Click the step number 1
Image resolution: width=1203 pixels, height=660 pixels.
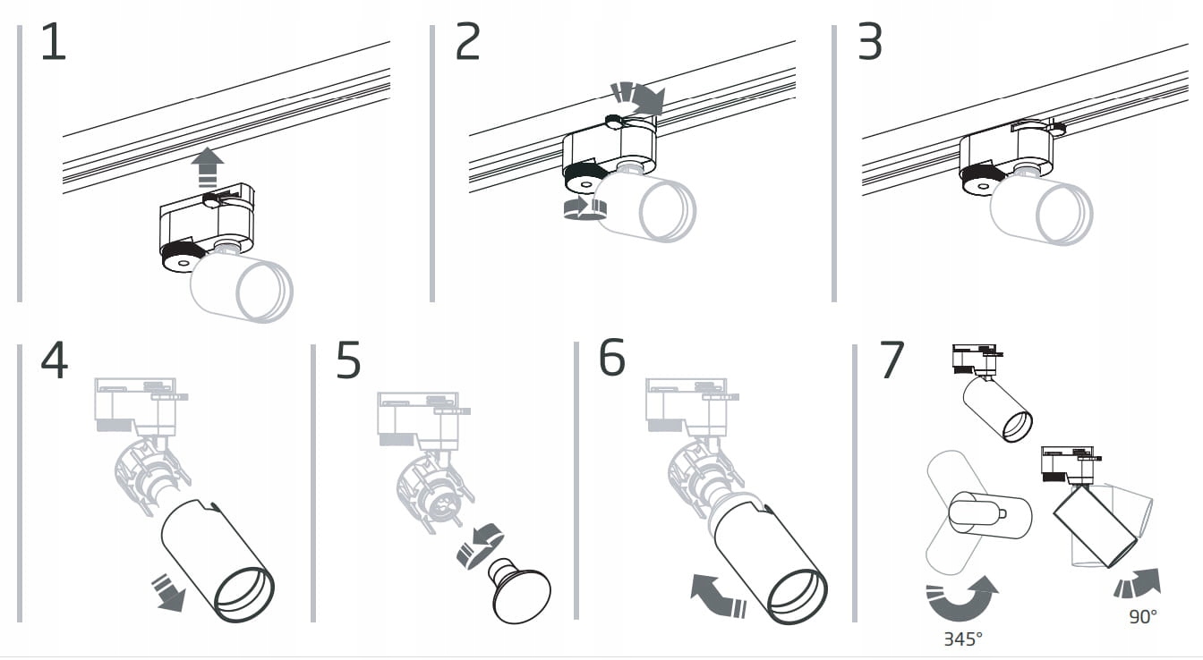click(54, 43)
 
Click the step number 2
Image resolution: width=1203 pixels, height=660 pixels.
click(467, 43)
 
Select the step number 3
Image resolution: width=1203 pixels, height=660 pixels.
click(870, 43)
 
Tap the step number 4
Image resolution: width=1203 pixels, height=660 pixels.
click(54, 360)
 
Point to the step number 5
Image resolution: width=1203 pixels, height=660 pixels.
click(348, 360)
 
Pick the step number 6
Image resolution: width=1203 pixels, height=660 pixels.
click(612, 359)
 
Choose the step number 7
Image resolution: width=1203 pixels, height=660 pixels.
click(892, 360)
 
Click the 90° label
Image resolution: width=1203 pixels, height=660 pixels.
click(1142, 616)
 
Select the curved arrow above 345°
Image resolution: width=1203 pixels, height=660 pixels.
click(962, 599)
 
